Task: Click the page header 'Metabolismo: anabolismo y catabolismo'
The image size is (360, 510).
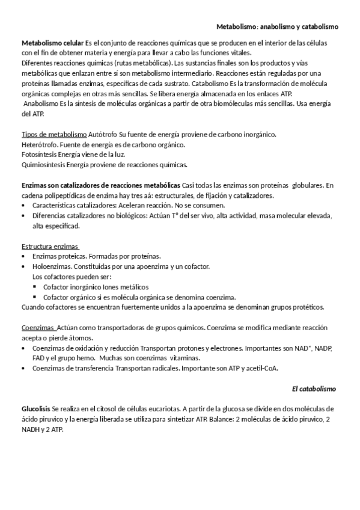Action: click(278, 27)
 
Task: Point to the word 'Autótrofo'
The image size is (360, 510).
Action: click(103, 134)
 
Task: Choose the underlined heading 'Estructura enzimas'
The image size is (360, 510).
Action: click(50, 247)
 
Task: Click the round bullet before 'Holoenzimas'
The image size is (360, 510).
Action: click(23, 266)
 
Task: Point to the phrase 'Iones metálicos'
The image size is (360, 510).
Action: click(126, 287)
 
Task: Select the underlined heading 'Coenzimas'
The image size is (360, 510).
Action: click(38, 328)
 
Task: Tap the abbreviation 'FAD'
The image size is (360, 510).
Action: click(40, 358)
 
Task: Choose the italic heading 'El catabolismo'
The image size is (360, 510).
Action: click(314, 389)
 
